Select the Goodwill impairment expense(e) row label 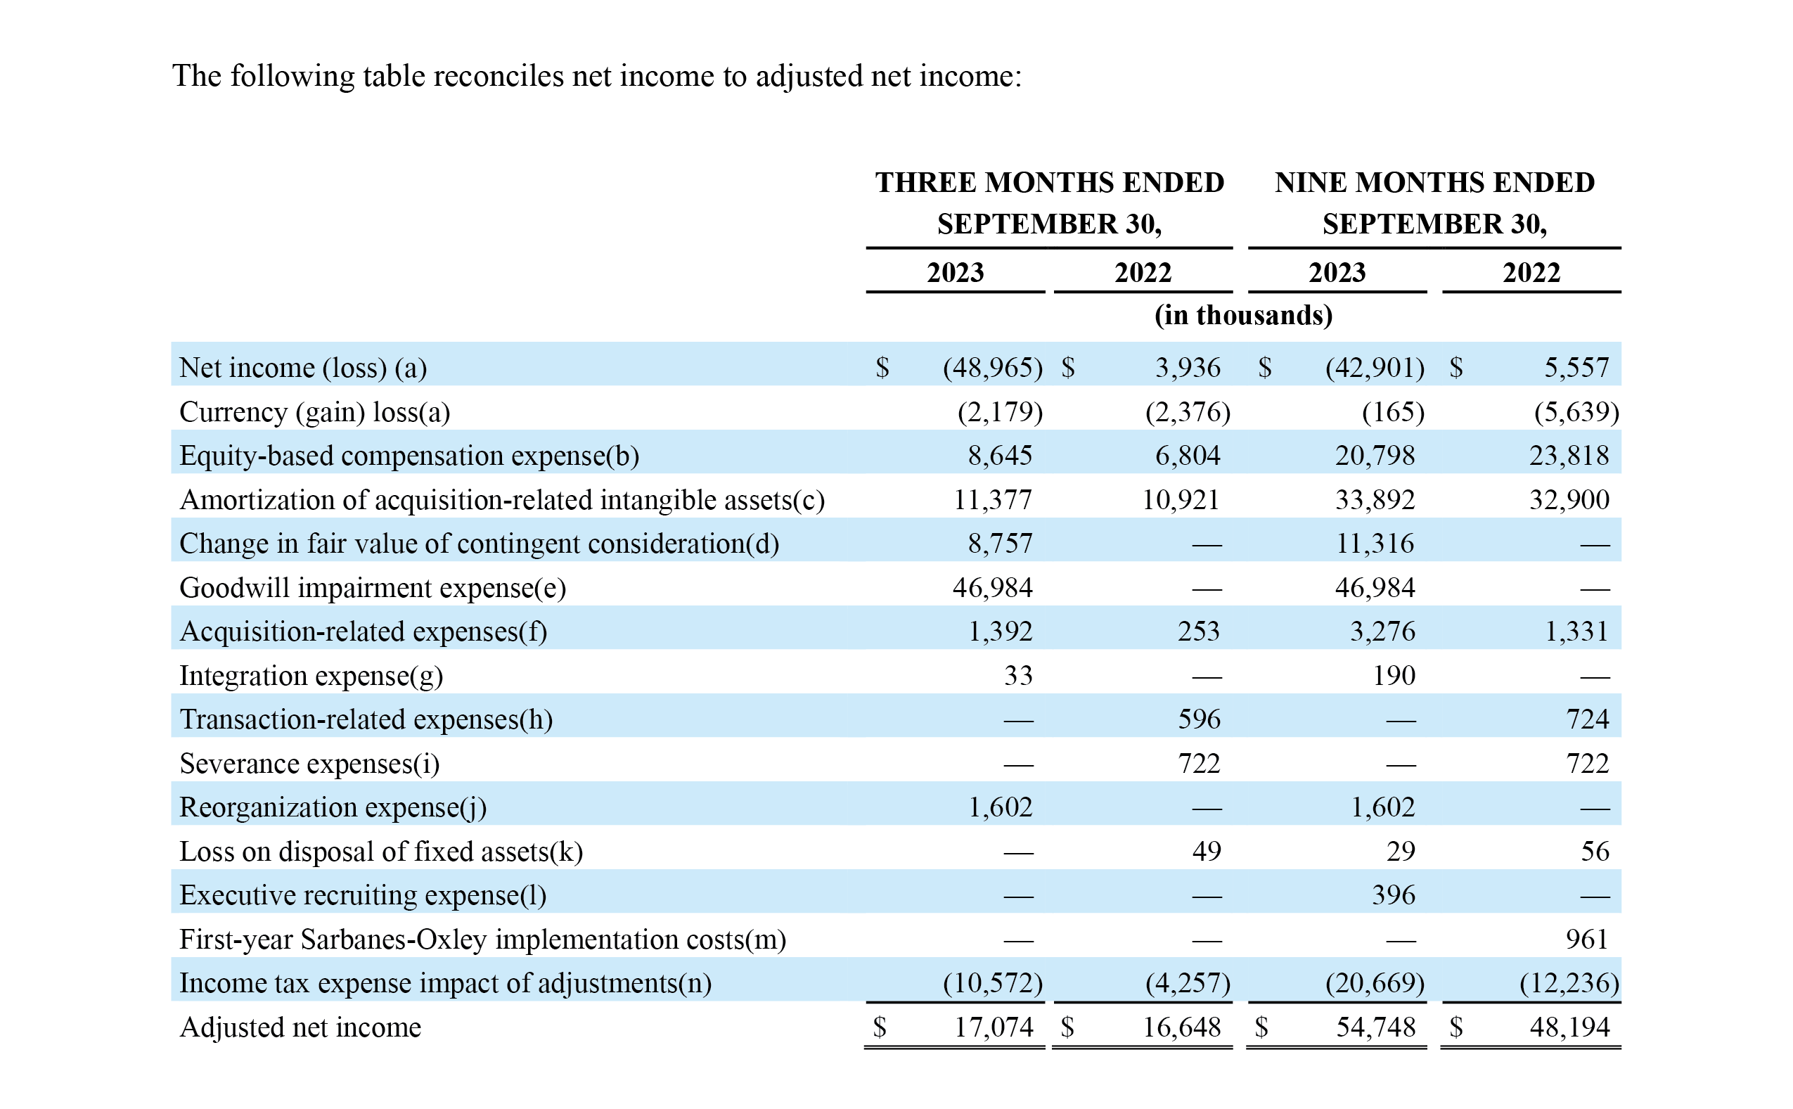coord(373,588)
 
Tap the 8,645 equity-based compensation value coord(1000,456)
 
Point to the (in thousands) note coord(1243,314)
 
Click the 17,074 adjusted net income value coord(994,1027)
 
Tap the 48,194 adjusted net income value coord(1569,1027)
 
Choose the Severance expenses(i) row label coord(309,764)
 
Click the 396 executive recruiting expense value coord(1394,895)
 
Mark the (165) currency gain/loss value coord(1393,412)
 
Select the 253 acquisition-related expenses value coord(1199,632)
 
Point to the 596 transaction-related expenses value coord(1199,719)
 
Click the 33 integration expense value coord(1018,676)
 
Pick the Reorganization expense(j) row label coord(333,807)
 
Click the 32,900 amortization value coord(1569,500)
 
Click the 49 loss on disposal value coord(1207,851)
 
